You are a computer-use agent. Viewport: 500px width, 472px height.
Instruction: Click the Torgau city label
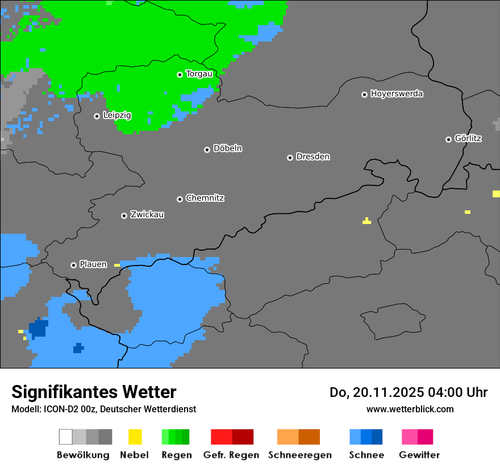tap(199, 74)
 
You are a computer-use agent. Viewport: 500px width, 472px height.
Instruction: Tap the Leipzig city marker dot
tap(97, 116)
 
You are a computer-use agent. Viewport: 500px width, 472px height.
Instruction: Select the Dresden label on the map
tap(312, 156)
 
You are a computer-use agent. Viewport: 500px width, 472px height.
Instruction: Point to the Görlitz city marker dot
tap(448, 139)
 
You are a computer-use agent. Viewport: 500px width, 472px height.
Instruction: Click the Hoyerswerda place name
tap(397, 94)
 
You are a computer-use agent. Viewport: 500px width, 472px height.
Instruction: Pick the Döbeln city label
tap(227, 148)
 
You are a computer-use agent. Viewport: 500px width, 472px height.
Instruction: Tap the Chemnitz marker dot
tap(180, 199)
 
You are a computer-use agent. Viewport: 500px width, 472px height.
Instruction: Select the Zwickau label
tap(147, 214)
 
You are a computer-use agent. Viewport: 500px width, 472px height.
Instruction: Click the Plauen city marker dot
tap(73, 265)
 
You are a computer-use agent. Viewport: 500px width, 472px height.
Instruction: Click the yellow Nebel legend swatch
tap(135, 437)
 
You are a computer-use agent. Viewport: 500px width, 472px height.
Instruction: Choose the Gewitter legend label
tap(419, 455)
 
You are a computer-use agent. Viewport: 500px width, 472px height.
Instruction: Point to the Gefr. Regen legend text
tap(231, 455)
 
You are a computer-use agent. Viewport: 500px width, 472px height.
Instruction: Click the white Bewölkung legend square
tap(66, 437)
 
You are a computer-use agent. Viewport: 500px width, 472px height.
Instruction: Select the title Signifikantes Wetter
tap(94, 392)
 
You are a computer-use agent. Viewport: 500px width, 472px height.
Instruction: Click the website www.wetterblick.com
tap(410, 409)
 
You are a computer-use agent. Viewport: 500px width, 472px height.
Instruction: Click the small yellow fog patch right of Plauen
tap(117, 265)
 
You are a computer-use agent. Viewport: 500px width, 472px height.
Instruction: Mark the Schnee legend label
tap(366, 455)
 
